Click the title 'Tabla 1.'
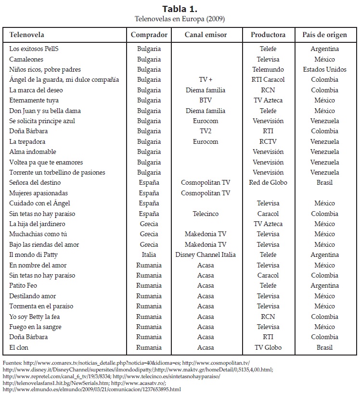tap(180, 9)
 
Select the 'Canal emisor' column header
tap(206, 35)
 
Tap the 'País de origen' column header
tap(324, 35)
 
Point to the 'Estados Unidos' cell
tap(324, 70)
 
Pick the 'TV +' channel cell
tap(206, 80)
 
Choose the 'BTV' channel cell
tap(206, 101)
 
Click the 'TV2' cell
tap(206, 131)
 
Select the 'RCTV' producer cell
tap(268, 142)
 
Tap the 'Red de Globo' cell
tap(268, 183)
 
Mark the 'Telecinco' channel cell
tap(206, 214)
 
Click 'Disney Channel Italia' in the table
tap(206, 255)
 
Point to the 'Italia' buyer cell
tap(149, 255)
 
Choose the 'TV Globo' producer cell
tap(268, 347)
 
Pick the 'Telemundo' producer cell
tap(268, 70)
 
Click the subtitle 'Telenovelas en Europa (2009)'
tap(180, 19)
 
